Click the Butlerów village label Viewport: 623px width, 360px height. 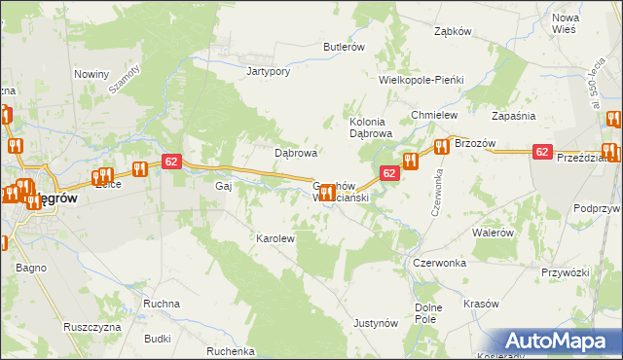pyautogui.click(x=344, y=47)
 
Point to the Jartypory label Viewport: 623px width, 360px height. pyautogui.click(x=269, y=71)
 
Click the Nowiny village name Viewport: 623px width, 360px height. pyautogui.click(x=92, y=74)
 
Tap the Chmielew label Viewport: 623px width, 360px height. pyautogui.click(x=434, y=115)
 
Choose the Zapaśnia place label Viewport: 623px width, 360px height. pyautogui.click(x=514, y=115)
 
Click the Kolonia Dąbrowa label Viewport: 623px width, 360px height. pyautogui.click(x=370, y=127)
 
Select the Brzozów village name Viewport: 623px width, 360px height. pyautogui.click(x=475, y=144)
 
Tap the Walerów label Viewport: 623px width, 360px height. pyautogui.click(x=492, y=234)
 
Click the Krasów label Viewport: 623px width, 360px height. pyautogui.click(x=481, y=304)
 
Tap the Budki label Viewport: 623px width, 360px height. pyautogui.click(x=157, y=340)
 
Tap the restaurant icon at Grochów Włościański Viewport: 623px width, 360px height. pyautogui.click(x=328, y=193)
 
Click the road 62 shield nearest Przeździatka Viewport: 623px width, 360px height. pyautogui.click(x=543, y=152)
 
